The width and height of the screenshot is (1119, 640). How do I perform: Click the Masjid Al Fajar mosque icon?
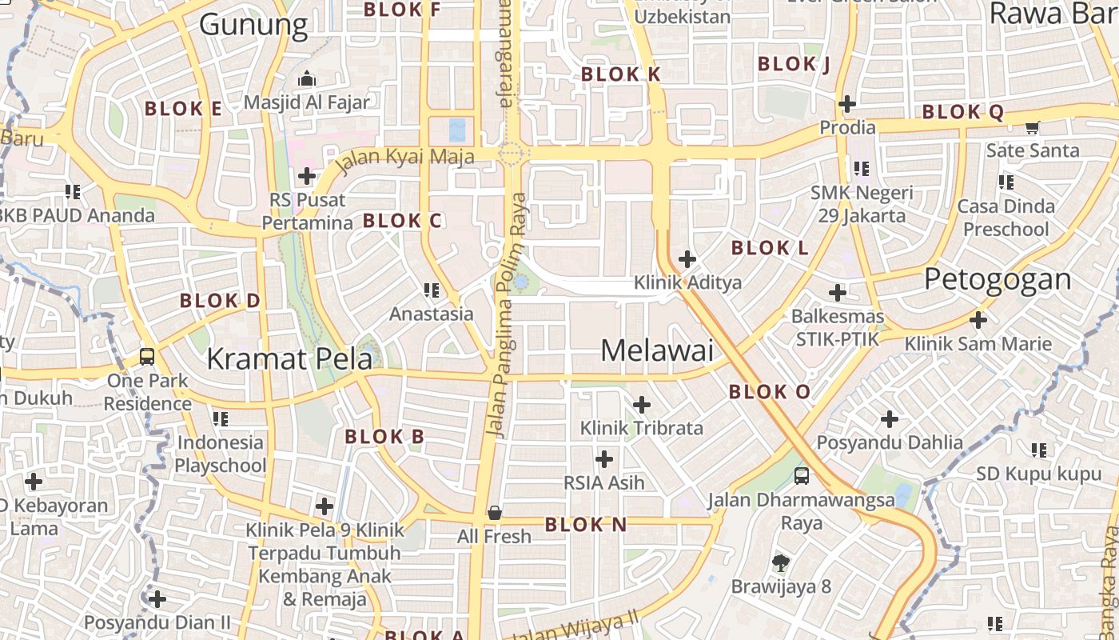click(307, 79)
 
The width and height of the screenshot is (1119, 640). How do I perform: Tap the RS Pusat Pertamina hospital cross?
click(307, 176)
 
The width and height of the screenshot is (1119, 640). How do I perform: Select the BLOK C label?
click(402, 221)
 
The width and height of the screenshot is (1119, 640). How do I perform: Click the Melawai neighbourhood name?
click(657, 350)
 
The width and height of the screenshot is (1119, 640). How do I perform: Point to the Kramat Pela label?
click(289, 359)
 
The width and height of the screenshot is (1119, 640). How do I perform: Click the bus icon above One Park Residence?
click(147, 357)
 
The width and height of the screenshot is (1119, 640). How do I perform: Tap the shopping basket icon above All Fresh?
click(495, 513)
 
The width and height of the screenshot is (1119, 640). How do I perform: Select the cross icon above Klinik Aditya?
click(687, 259)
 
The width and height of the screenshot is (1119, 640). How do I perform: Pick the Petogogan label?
click(998, 279)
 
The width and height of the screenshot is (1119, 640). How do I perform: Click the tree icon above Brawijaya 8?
click(781, 563)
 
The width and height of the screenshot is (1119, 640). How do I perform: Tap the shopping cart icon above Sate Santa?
click(1033, 127)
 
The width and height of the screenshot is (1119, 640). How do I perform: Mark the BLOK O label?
click(769, 392)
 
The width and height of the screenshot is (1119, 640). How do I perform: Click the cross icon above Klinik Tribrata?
click(642, 405)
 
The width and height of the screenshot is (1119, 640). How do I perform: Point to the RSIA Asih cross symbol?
click(604, 459)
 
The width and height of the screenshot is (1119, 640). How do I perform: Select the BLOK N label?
click(586, 525)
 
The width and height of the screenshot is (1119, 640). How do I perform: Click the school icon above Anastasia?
click(432, 290)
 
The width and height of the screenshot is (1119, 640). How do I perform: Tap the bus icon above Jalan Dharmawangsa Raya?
click(802, 476)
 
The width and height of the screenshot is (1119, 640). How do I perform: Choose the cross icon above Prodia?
click(847, 104)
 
